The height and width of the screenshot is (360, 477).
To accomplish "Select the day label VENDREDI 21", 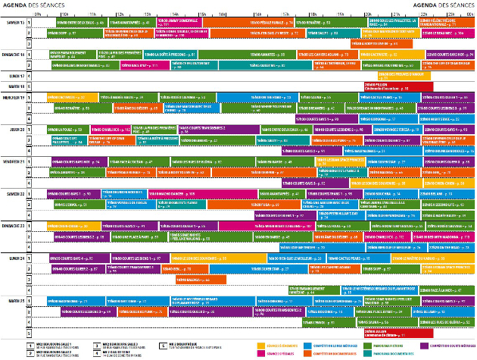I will [15, 162].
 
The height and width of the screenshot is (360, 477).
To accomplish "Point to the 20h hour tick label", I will [366, 14].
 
